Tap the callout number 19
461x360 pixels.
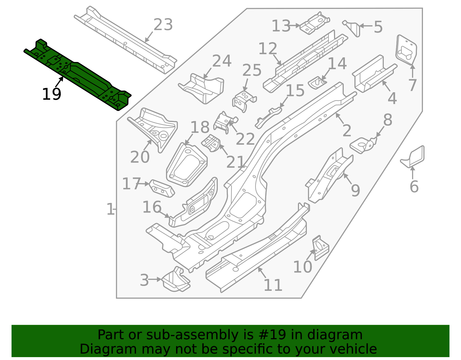coord(52,95)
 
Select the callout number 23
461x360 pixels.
coord(163,25)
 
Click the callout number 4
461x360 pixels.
coord(392,98)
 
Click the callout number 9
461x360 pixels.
coord(355,191)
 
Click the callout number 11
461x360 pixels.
coord(273,285)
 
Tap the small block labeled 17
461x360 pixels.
coord(162,189)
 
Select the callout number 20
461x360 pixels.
coord(140,157)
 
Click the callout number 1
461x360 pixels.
coord(110,210)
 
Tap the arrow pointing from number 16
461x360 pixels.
coord(164,214)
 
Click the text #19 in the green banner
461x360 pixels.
coord(272,335)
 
